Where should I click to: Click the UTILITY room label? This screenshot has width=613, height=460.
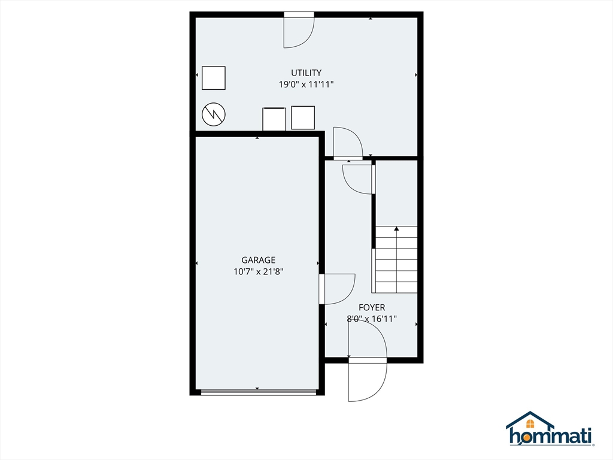point(306,73)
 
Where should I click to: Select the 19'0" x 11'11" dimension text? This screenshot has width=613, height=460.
point(306,84)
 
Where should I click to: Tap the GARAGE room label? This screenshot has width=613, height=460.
point(258,260)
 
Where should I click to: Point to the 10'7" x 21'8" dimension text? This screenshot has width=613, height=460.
point(258,271)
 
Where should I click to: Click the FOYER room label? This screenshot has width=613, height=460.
point(372,308)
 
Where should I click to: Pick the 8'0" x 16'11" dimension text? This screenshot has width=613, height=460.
point(372,319)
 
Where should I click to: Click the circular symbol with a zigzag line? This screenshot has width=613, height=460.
point(214,114)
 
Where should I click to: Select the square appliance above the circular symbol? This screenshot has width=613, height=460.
point(214,78)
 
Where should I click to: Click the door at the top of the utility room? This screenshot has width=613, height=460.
point(298,30)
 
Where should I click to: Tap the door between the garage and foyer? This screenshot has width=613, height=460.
point(336,289)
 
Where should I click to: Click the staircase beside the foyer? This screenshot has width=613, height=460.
point(396,259)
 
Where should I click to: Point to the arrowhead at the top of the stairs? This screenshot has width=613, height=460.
point(396,228)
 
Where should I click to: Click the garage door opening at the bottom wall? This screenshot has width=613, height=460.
point(258,392)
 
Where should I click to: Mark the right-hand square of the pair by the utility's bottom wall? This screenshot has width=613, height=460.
point(303,117)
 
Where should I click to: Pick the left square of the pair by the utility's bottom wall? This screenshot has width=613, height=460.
point(275,119)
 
